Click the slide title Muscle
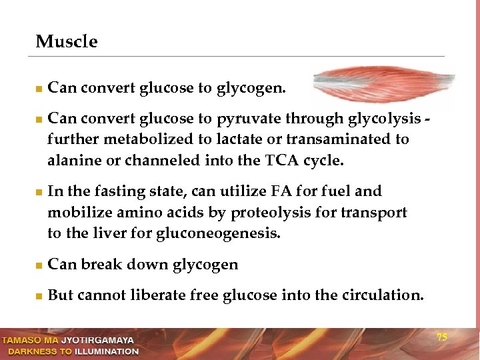point(67,42)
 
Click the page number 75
point(441,337)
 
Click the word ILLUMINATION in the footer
point(106,351)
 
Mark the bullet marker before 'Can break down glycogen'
point(39,265)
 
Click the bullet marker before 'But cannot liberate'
point(39,296)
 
